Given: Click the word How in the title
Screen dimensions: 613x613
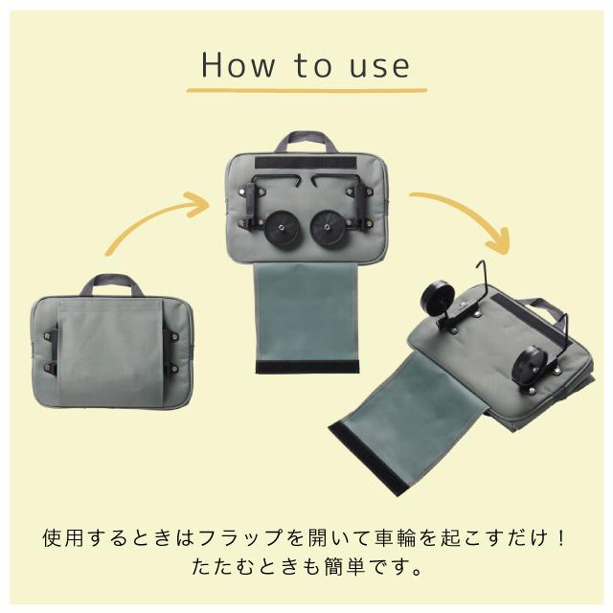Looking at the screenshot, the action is pyautogui.click(x=238, y=65).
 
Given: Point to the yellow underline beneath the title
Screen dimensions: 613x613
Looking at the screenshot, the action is pyautogui.click(x=306, y=91).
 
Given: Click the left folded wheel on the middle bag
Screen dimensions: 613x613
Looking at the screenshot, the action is pyautogui.click(x=283, y=228).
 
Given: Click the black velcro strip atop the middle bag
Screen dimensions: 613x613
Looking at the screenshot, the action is pyautogui.click(x=306, y=163).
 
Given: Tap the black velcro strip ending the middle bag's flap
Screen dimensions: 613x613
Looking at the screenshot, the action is pyautogui.click(x=306, y=367).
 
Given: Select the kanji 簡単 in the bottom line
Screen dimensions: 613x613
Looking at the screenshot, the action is pyautogui.click(x=345, y=566).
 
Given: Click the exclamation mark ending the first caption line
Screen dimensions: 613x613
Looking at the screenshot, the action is pyautogui.click(x=560, y=537).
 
